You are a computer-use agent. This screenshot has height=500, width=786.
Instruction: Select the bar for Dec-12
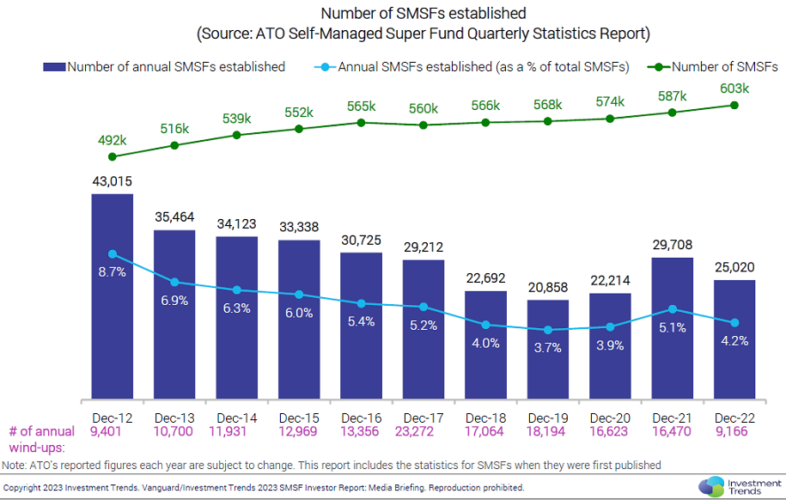[x=113, y=296]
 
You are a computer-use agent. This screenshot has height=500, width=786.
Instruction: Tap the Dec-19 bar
[x=547, y=349]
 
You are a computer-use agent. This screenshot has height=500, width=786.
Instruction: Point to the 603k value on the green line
[x=734, y=88]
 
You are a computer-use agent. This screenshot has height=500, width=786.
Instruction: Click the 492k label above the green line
[x=112, y=140]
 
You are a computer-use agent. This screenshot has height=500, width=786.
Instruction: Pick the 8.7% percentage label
[x=113, y=271]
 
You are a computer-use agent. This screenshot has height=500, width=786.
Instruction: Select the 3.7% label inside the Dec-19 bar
[x=547, y=348]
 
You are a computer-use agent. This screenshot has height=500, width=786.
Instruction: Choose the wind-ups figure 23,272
[x=423, y=430]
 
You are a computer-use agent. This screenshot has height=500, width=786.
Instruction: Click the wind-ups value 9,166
[x=734, y=430]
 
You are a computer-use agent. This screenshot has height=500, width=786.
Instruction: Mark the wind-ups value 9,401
[x=113, y=430]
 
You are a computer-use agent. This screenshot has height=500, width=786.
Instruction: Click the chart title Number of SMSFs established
[x=423, y=14]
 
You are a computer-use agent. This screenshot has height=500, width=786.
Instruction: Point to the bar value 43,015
[x=113, y=181]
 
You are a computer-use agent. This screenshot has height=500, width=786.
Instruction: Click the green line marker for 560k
[x=423, y=125]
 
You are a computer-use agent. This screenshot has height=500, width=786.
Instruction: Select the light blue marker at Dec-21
[x=672, y=309]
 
